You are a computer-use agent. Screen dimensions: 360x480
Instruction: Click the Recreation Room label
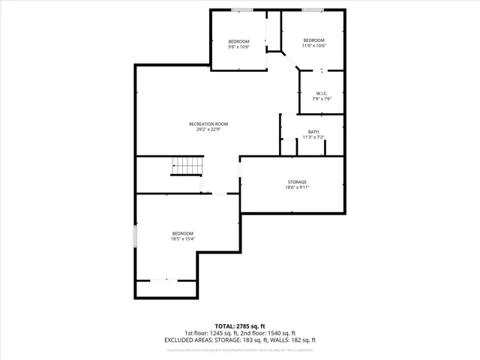tap(208, 124)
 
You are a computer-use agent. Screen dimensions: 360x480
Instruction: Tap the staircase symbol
tap(187, 166)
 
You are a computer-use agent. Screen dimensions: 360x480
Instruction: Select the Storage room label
tap(297, 181)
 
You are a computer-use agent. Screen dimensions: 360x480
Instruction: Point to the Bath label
tap(313, 132)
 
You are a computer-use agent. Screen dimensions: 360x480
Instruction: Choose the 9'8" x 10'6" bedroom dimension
tap(238, 46)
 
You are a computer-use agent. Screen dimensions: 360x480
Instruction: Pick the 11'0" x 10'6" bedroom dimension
tap(313, 45)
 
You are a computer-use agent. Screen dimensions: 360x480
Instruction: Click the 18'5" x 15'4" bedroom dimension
tap(183, 238)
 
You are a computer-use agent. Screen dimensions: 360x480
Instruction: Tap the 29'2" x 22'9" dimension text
tap(208, 129)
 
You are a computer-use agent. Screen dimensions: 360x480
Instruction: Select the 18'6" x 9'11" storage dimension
tap(297, 187)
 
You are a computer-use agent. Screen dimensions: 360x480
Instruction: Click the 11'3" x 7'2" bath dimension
tap(313, 137)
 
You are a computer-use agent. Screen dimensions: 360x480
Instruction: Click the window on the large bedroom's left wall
tap(135, 236)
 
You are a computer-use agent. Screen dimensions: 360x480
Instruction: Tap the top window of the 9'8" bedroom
tap(241, 10)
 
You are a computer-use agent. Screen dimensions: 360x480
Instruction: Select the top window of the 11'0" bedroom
tap(313, 10)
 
